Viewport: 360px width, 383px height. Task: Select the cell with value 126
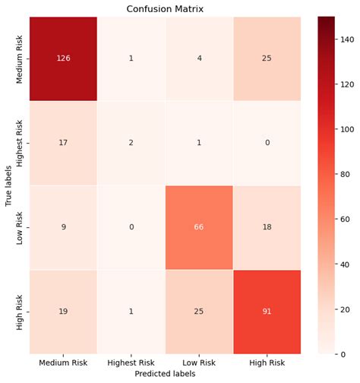63,59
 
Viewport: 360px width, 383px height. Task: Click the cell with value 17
63,144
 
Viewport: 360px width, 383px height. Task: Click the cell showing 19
63,311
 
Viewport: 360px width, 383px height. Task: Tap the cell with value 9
63,227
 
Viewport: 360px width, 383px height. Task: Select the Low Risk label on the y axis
21,227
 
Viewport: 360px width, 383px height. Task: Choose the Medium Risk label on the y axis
21,59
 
